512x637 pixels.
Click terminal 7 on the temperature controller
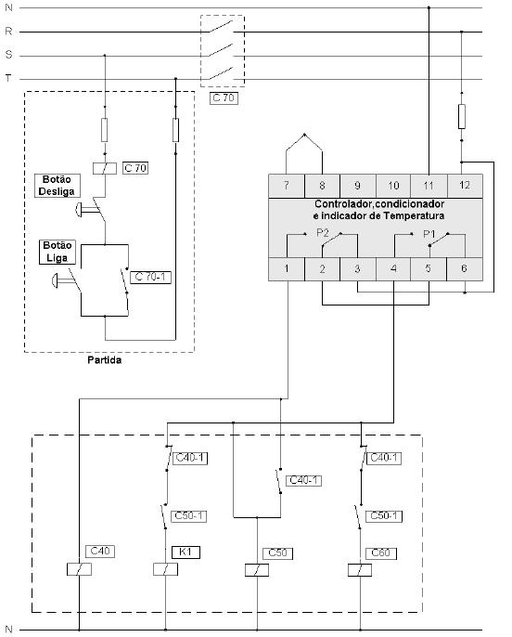point(287,186)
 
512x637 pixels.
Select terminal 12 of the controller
point(465,186)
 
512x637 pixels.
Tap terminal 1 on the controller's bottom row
point(287,268)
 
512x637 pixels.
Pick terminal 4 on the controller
point(393,268)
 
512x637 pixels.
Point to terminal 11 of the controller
point(429,186)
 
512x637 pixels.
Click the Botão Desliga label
point(57,186)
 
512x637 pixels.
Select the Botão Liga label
point(58,252)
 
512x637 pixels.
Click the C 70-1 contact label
point(150,277)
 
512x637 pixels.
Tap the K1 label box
point(186,552)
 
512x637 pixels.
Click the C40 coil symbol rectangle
point(79,569)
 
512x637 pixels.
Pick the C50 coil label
point(278,552)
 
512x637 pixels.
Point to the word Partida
point(104,360)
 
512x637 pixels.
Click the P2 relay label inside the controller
point(323,233)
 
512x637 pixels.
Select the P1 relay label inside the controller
point(429,234)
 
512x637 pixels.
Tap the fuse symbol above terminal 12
point(462,116)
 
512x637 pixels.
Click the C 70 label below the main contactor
point(224,97)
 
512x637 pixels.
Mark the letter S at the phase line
point(9,55)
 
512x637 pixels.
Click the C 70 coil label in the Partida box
point(135,168)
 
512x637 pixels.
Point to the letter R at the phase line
point(8,32)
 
